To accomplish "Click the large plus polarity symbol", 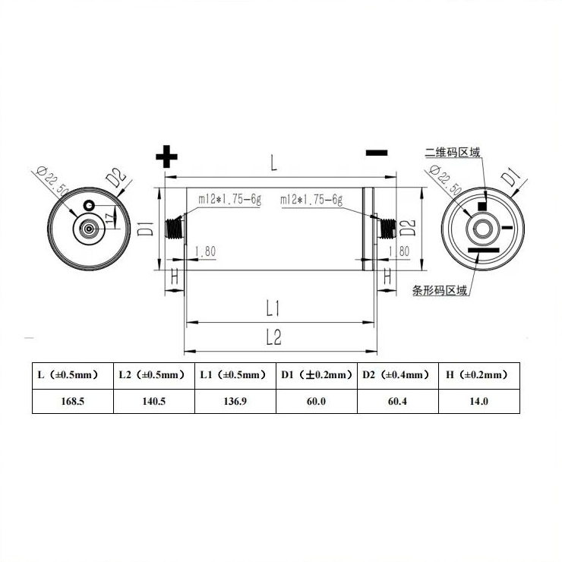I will (166, 157).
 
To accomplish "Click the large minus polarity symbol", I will (377, 153).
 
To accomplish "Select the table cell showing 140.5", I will (153, 401).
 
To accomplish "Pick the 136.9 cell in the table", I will (235, 401).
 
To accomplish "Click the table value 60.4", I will (397, 401).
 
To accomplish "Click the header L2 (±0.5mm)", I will (153, 375).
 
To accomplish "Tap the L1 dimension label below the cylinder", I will (274, 308).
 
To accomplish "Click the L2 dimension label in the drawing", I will (274, 339).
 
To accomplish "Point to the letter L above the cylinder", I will (274, 162).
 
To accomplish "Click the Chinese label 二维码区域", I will (453, 152).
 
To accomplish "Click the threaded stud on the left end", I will (177, 226).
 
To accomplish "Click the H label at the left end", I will (175, 278).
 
